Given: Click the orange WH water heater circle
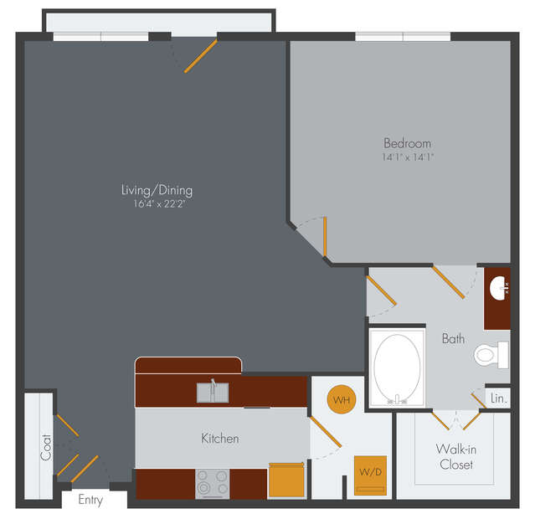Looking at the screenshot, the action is tap(342, 399).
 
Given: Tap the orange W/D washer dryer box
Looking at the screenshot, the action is tap(370, 475).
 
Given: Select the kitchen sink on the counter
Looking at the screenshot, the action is tap(213, 392).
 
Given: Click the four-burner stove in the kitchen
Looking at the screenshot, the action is tap(212, 484).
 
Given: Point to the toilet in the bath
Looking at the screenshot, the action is tap(491, 355).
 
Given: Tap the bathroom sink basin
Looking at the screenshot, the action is tap(497, 288).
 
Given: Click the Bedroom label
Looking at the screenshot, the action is tap(408, 143).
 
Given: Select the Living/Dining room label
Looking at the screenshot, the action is tap(157, 190).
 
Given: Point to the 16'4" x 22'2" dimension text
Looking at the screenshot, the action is tap(159, 204).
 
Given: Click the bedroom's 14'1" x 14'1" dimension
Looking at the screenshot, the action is tap(408, 157).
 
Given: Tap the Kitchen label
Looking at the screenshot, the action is tap(220, 439).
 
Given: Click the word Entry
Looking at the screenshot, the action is tap(90, 500).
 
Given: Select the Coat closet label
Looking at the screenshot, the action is tap(46, 447).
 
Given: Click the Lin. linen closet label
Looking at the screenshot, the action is tap(498, 398).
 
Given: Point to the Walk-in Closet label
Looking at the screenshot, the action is tap(456, 457).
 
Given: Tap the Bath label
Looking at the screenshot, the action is tap(453, 339).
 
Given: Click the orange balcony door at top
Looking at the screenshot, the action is tap(201, 56).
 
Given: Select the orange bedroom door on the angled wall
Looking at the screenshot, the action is tap(325, 236).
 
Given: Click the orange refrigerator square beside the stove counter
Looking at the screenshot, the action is tap(286, 480).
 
